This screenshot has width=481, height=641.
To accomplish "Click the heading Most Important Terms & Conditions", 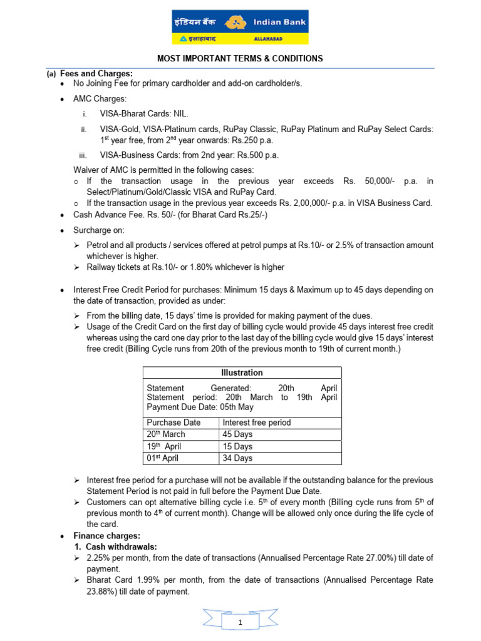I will pyautogui.click(x=240, y=59).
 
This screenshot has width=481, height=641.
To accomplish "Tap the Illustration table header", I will pyautogui.click(x=242, y=372).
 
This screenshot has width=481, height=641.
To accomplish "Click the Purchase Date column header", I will pyautogui.click(x=173, y=423).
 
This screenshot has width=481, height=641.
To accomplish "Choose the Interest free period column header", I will pyautogui.click(x=257, y=423).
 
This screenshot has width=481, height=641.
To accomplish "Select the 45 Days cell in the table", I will pyautogui.click(x=238, y=434).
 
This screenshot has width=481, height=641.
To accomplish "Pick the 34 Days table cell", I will pyautogui.click(x=238, y=458).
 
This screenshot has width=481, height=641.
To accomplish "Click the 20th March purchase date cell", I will pyautogui.click(x=167, y=434).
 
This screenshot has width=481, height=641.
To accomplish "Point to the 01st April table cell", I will pyautogui.click(x=162, y=458).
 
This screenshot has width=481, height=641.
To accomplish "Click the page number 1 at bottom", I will pyautogui.click(x=240, y=622).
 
